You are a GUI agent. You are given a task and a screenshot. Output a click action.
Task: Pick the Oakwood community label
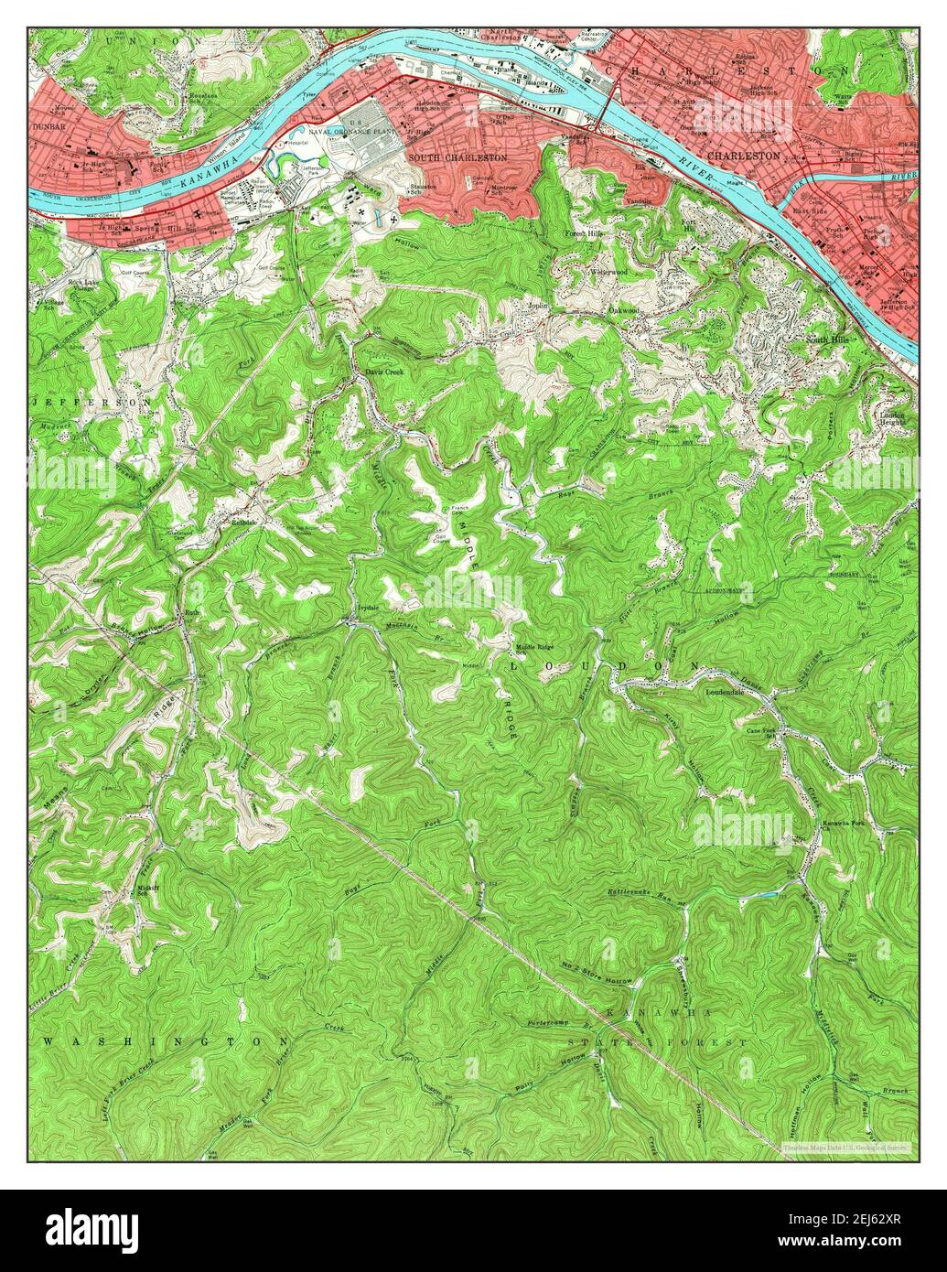click(623, 311)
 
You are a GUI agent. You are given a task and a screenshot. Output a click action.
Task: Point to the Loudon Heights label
click(892, 416)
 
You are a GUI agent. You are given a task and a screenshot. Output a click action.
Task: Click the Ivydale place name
click(366, 608)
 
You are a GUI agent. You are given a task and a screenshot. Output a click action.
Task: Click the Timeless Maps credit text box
click(846, 1147)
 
